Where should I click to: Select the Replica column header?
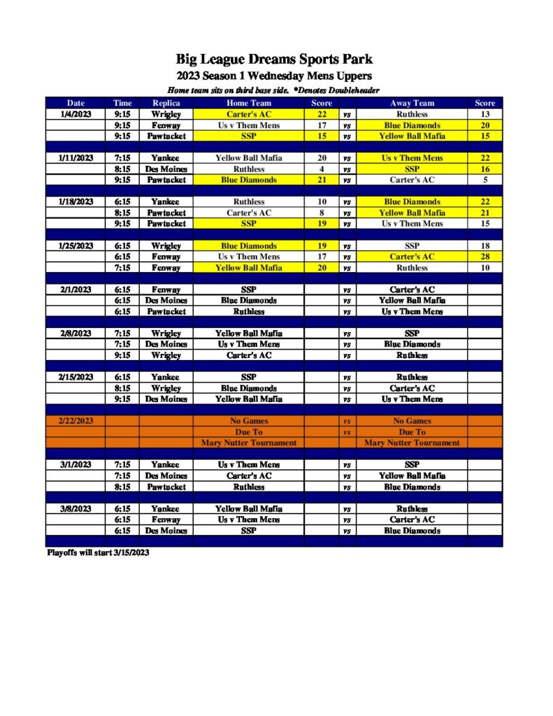[166, 103]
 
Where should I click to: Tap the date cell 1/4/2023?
[76, 114]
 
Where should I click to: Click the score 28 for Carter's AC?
[484, 257]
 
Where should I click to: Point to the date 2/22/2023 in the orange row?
[75, 421]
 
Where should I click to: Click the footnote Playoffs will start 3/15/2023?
[98, 552]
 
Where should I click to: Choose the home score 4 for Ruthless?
[322, 169]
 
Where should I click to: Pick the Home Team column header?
[248, 103]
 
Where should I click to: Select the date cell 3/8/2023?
[76, 508]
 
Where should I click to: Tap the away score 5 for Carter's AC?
[484, 180]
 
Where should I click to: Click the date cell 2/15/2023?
[76, 377]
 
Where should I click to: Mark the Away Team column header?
[412, 103]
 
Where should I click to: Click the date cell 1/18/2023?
[76, 201]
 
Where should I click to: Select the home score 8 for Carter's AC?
[322, 213]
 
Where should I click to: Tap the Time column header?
[122, 103]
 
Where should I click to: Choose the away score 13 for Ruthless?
[484, 114]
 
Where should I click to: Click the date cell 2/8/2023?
[76, 334]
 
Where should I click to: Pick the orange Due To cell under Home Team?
[248, 432]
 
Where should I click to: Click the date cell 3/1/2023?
[76, 464]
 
